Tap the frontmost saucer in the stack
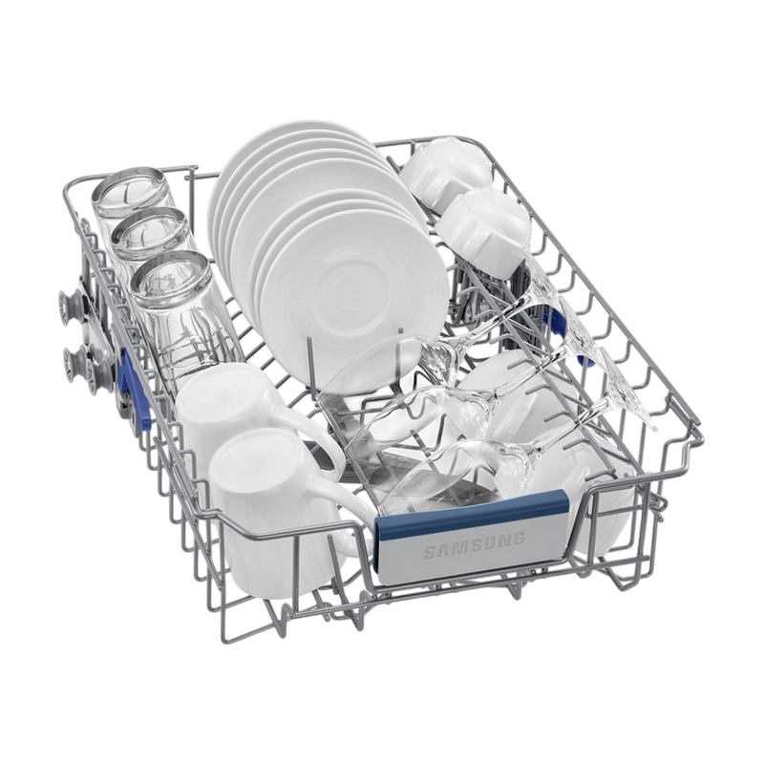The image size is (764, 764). [353, 297]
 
